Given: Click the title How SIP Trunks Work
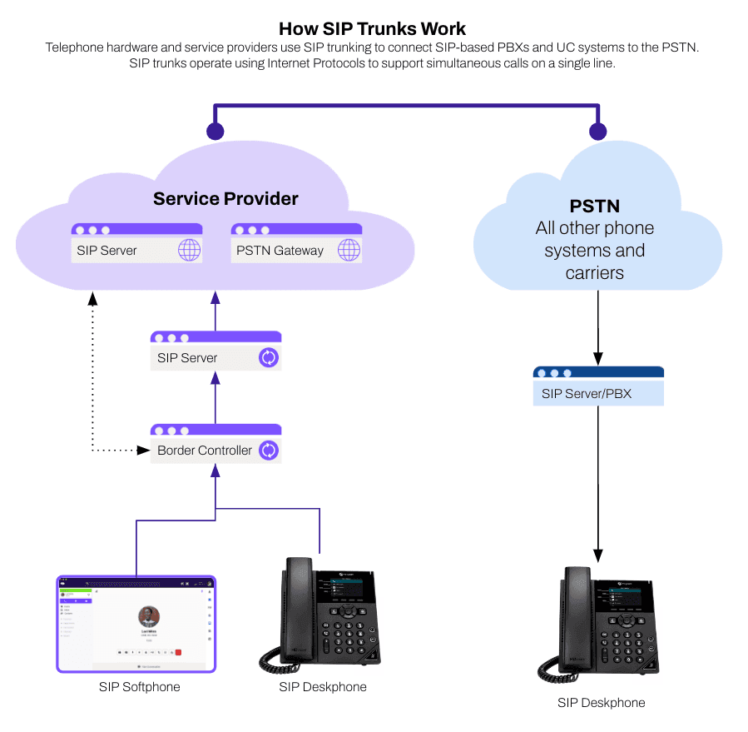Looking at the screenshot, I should [373, 28].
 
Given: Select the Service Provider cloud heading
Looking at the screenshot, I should [225, 199].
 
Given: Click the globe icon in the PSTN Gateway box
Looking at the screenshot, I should [349, 250].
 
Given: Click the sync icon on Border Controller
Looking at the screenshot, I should [269, 451].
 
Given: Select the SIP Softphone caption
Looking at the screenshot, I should [138, 687].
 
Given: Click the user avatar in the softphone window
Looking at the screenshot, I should [149, 616].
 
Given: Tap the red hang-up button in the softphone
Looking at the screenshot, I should [178, 652].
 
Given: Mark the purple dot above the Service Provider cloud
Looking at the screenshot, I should [215, 131].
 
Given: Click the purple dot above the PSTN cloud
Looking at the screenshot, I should [597, 131].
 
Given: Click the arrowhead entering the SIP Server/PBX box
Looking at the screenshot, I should [598, 359].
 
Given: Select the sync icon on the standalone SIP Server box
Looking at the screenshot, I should [269, 358].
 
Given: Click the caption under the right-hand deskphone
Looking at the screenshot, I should [601, 703].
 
